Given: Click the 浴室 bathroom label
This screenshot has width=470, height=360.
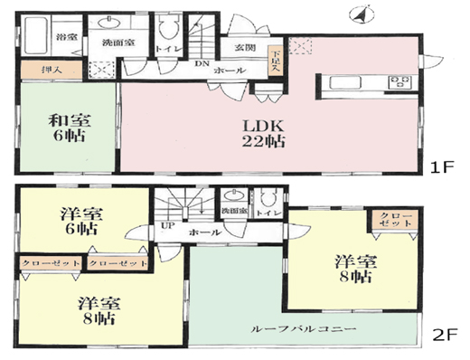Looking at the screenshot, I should click(x=67, y=38).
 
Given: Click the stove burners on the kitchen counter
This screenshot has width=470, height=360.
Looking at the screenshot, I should click(x=399, y=83).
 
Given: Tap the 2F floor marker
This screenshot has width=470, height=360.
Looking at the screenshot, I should click(x=441, y=333).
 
